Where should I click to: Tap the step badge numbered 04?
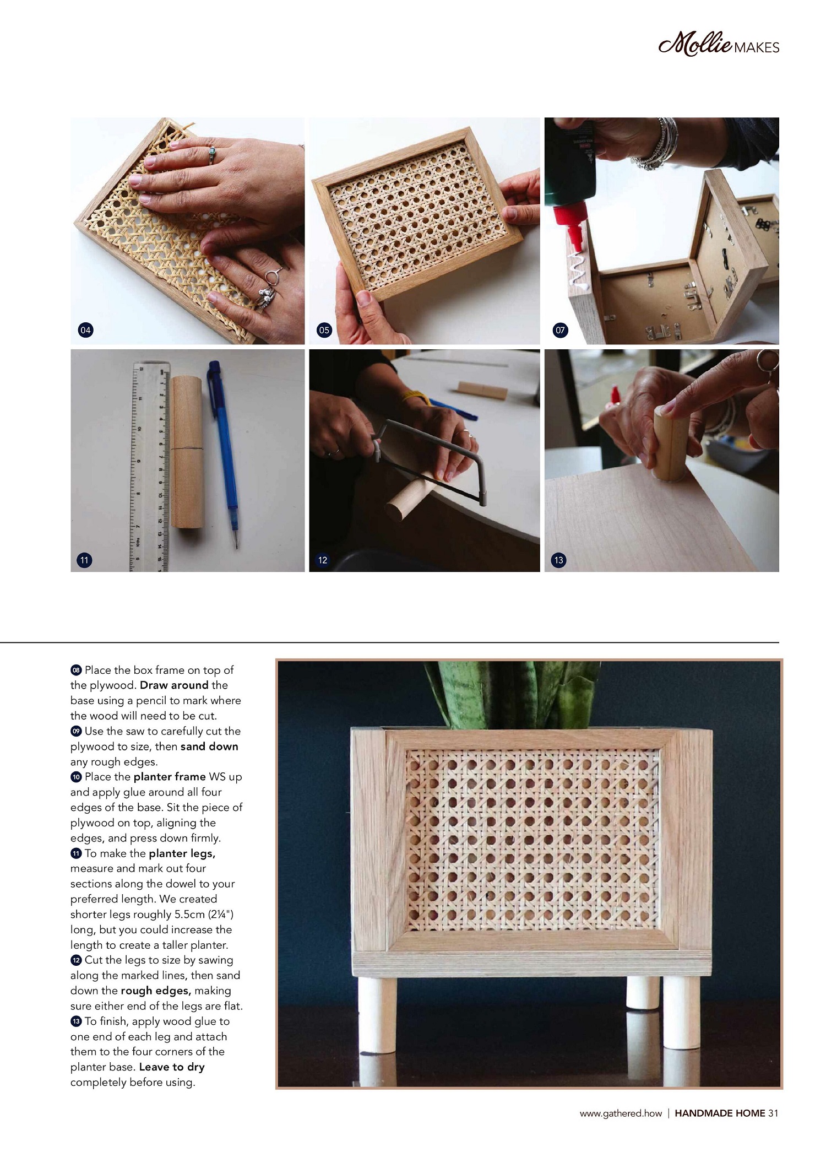(85, 330)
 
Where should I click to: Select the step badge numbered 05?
(324, 330)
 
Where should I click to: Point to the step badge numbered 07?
(559, 330)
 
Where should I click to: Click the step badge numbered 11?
(84, 560)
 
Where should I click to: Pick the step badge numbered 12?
(323, 560)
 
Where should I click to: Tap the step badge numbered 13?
(558, 560)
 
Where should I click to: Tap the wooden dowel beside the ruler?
(187, 452)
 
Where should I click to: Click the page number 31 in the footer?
(773, 1113)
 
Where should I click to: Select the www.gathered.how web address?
(621, 1113)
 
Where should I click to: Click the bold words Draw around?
(174, 685)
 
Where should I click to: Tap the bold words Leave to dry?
(172, 1067)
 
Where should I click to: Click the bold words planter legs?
(182, 853)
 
